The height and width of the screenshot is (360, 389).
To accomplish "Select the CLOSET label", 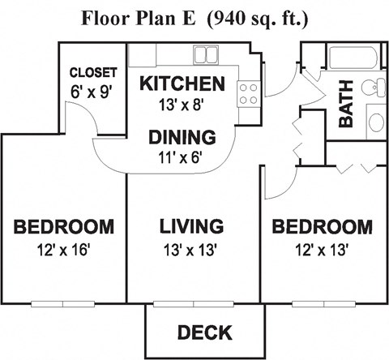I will (x=92, y=73).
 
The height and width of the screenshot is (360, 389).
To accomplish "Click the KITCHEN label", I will (x=182, y=84).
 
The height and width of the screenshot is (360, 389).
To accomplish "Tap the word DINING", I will (x=182, y=136).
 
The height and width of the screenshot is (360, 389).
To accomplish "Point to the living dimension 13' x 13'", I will (x=191, y=250).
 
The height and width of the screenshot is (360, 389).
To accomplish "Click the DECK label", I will (x=204, y=332).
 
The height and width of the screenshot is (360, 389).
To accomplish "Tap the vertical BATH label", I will (x=346, y=109).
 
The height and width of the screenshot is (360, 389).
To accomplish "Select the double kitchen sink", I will (x=204, y=55).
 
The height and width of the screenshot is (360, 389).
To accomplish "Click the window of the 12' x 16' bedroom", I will (x=63, y=304).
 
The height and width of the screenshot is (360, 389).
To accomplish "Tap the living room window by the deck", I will (x=192, y=304).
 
